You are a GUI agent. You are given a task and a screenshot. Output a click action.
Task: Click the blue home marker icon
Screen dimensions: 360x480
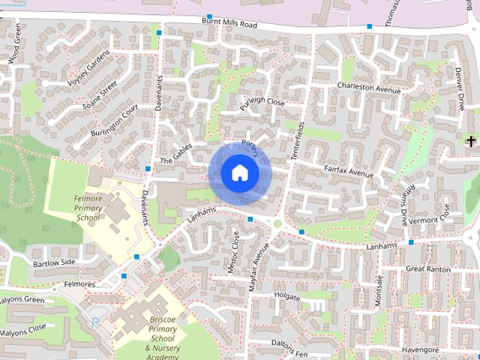coord(239,173)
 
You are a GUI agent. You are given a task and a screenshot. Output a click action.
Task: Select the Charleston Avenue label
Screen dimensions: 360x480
coord(370,87)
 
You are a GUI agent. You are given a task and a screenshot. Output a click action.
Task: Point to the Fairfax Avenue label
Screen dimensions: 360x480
coord(349,173)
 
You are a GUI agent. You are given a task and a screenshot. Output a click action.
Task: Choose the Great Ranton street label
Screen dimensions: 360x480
coord(428,268)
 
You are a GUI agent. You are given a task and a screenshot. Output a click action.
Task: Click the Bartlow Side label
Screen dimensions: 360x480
coord(54,262)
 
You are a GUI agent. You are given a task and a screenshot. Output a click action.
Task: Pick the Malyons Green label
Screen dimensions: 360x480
coord(22,299)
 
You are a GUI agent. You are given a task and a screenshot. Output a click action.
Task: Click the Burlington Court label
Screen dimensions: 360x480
coord(115,121)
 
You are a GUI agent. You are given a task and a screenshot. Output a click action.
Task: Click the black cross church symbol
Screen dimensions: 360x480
coord(471,141)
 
